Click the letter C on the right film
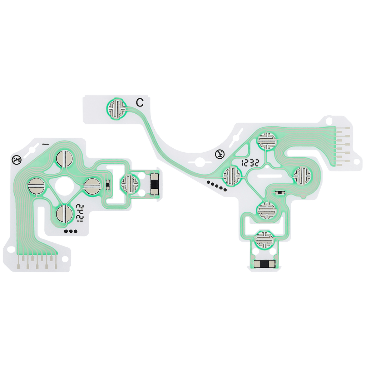click(140, 103)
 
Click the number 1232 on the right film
click(251, 163)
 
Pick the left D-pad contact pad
click(36, 187)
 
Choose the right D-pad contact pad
click(93, 186)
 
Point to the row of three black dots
click(70, 231)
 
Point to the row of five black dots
click(217, 186)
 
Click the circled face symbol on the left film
click(16, 160)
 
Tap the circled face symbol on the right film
click(220, 154)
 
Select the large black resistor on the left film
click(155, 184)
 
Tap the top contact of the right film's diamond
click(267, 140)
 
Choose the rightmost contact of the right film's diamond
click(302, 175)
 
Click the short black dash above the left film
click(45, 144)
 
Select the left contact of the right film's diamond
click(232, 175)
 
